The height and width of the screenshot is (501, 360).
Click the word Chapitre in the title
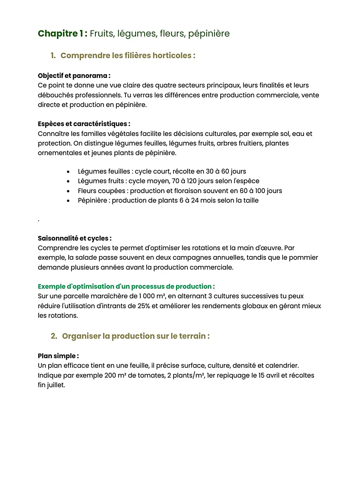point(58,33)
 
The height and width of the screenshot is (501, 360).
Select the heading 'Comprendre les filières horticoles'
point(128,55)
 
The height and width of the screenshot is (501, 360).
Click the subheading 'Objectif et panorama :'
point(74,76)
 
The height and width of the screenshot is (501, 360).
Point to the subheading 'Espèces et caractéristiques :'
point(84,124)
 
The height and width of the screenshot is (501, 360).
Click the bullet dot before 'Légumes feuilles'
point(68,172)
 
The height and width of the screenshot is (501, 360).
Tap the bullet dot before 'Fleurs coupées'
point(68,191)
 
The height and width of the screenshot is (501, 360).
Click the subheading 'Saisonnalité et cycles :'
point(75,238)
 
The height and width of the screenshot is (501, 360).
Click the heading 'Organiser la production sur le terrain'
point(136,336)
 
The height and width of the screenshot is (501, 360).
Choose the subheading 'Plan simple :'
point(58,356)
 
